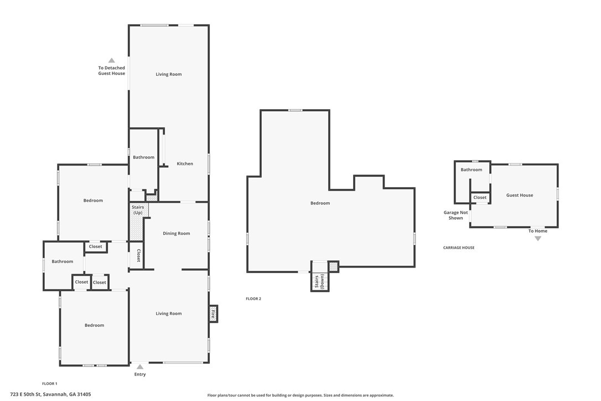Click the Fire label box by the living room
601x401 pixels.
tap(213, 314)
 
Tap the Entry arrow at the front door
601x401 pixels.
tap(140, 367)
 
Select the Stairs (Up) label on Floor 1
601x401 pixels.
tap(138, 210)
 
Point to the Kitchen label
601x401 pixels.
tap(185, 164)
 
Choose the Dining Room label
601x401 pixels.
tap(177, 234)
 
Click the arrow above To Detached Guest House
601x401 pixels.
tap(111, 60)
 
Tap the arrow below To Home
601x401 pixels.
tap(537, 239)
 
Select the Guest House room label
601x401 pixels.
tap(520, 196)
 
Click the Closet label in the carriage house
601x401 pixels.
tap(480, 198)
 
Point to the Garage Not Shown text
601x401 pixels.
tap(455, 215)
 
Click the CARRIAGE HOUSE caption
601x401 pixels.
tap(459, 248)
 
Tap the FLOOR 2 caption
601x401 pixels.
tap(253, 299)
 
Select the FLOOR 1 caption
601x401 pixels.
tap(50, 384)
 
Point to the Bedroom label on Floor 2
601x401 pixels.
tap(320, 203)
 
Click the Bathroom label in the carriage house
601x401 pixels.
tap(472, 170)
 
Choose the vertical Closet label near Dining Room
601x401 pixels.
tap(138, 255)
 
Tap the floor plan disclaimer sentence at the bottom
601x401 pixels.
tap(300, 395)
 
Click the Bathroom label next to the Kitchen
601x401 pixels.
tap(143, 157)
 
